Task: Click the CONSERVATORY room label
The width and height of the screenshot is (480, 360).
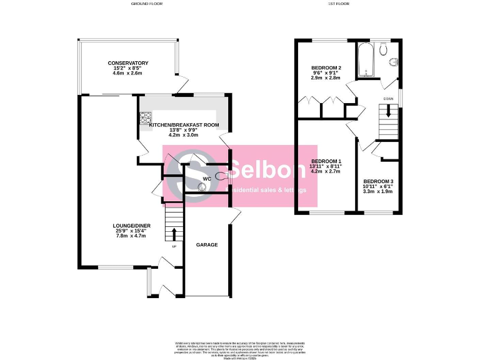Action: (x=127, y=63)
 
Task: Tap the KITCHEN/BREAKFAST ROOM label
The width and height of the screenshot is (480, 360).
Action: (x=184, y=125)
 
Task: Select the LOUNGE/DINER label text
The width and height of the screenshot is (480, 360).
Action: (x=131, y=226)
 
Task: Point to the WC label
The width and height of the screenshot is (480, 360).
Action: (x=206, y=179)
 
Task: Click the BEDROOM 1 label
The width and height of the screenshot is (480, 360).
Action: (x=326, y=161)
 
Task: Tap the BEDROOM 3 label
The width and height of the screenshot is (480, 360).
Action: (x=378, y=181)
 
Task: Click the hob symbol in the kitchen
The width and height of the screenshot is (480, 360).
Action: (x=145, y=117)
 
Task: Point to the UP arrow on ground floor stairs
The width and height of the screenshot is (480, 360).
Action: (x=174, y=234)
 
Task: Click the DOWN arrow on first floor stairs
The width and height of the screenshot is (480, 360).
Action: (x=389, y=112)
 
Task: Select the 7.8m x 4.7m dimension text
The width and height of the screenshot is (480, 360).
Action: (x=131, y=236)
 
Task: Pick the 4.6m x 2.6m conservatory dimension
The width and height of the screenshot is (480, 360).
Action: (x=127, y=73)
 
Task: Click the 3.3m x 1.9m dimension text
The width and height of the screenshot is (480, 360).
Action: (x=378, y=191)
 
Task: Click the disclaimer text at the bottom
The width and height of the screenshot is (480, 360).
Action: (x=240, y=350)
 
